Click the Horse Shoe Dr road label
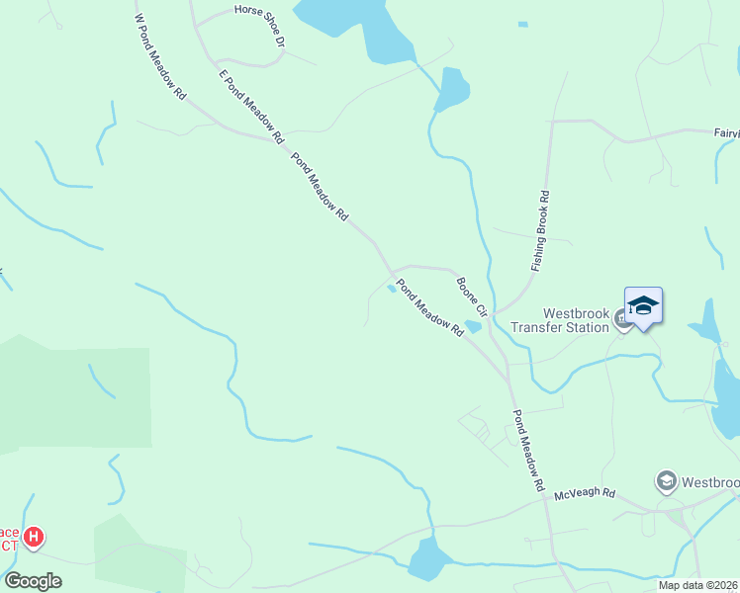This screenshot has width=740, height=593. coord(259,27)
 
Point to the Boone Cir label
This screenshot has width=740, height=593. coord(472,294)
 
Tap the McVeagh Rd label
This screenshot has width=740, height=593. coord(585,493)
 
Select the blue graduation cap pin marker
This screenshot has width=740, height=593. coord(643,306)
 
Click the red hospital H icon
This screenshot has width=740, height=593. coord(34,538)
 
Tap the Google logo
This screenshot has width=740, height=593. coord(33,580)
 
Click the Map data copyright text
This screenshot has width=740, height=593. coord(697,585)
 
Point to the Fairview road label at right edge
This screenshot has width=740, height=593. coord(726,131)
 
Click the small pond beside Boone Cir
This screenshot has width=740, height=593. coord(473,326)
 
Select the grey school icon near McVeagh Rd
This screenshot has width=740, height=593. coord(666,481)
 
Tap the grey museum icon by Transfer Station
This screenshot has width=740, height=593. coord(622,318)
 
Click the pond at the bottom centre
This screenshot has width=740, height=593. coord(427,558)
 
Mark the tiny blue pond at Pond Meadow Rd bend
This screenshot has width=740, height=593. coord(393,288)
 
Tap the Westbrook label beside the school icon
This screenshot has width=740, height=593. coord(710,482)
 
